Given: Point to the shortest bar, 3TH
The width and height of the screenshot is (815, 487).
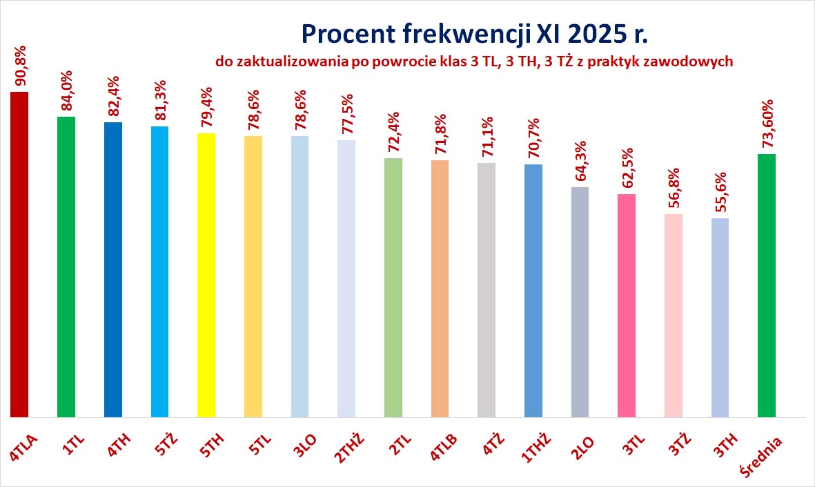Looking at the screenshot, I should click(x=720, y=318).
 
